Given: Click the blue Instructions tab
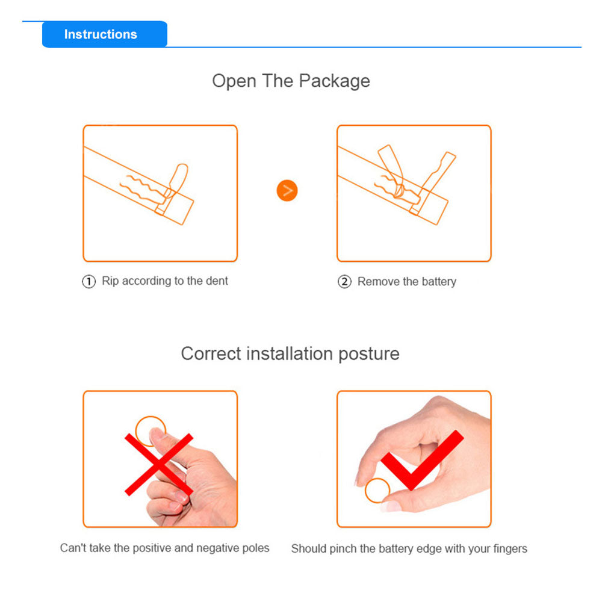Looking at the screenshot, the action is coord(104,34).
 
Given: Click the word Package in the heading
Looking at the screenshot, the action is coord(334,81).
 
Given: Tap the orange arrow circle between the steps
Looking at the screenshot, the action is coord(287,190).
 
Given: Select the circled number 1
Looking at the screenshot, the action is coord(88,281).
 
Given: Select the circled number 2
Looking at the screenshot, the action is coord(344,282).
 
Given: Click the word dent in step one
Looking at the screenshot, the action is coord(217,281).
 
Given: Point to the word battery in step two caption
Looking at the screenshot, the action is coord(439,282).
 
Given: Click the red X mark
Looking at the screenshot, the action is coord(158,464).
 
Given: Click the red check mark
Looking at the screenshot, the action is coord(421,461).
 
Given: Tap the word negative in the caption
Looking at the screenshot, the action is coord(215,548).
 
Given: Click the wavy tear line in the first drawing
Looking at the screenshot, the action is coord(143,188).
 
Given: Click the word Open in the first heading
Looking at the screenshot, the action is coord(234,81).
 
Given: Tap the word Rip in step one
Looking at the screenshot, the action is coord(110,281).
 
